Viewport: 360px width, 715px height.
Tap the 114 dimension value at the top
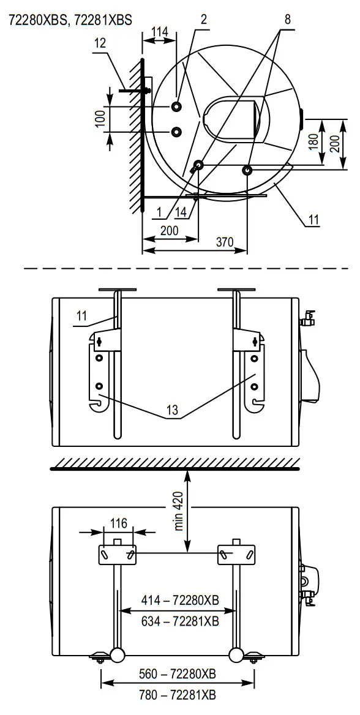pyautogui.click(x=160, y=32)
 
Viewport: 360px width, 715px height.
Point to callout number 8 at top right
pyautogui.click(x=287, y=19)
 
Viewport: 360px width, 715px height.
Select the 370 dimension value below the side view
pyautogui.click(x=224, y=242)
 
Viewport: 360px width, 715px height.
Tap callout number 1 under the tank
pyautogui.click(x=159, y=212)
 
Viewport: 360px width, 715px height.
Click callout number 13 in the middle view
pyautogui.click(x=173, y=411)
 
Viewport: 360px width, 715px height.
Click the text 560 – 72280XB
pyautogui.click(x=177, y=675)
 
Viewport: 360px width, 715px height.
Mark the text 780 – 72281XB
pyautogui.click(x=177, y=695)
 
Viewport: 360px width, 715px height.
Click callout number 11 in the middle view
pyautogui.click(x=83, y=315)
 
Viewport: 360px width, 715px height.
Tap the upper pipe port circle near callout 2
pyautogui.click(x=177, y=107)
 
